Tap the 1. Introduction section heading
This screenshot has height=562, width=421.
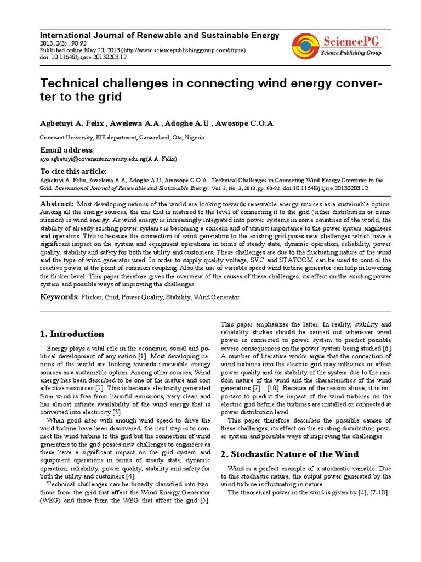[x=72, y=334]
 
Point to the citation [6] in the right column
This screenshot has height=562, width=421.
[x=387, y=349]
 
